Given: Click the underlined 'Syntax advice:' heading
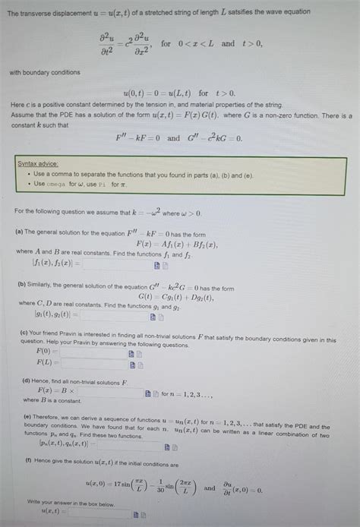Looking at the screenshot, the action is click(38, 164).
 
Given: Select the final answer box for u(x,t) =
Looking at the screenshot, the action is click(99, 513).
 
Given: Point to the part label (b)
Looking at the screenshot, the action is click(21, 281).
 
